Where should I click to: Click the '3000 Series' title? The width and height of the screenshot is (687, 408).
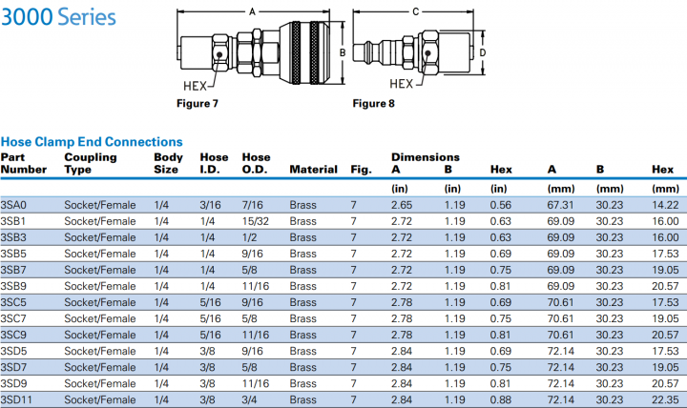tap(59, 17)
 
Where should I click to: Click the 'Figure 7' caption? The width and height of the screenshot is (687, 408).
tap(198, 103)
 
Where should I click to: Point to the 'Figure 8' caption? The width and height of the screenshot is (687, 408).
tap(374, 103)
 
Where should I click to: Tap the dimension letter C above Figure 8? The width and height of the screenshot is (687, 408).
tap(415, 11)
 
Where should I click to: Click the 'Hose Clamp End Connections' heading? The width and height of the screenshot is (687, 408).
tap(92, 141)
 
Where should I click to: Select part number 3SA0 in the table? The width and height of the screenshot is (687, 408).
tap(13, 205)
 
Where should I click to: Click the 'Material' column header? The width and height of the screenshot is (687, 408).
tap(313, 170)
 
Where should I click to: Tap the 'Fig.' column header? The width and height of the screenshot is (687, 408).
tap(361, 170)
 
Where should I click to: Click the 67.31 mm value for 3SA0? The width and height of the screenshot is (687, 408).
tap(560, 205)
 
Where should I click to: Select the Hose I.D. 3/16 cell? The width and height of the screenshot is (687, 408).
tap(211, 205)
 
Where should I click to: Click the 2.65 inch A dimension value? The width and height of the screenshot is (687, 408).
tap(401, 205)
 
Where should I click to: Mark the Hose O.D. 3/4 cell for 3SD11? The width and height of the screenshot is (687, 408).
tap(252, 399)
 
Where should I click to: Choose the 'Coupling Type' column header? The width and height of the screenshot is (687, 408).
tap(91, 163)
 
